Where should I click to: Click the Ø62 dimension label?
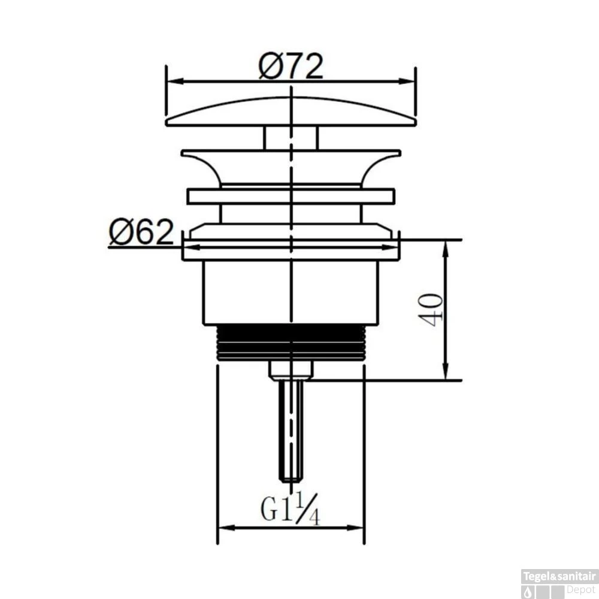(141, 231)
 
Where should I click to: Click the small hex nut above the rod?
(291, 370)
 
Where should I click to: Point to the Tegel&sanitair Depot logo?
(559, 582)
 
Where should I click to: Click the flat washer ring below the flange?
(291, 197)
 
